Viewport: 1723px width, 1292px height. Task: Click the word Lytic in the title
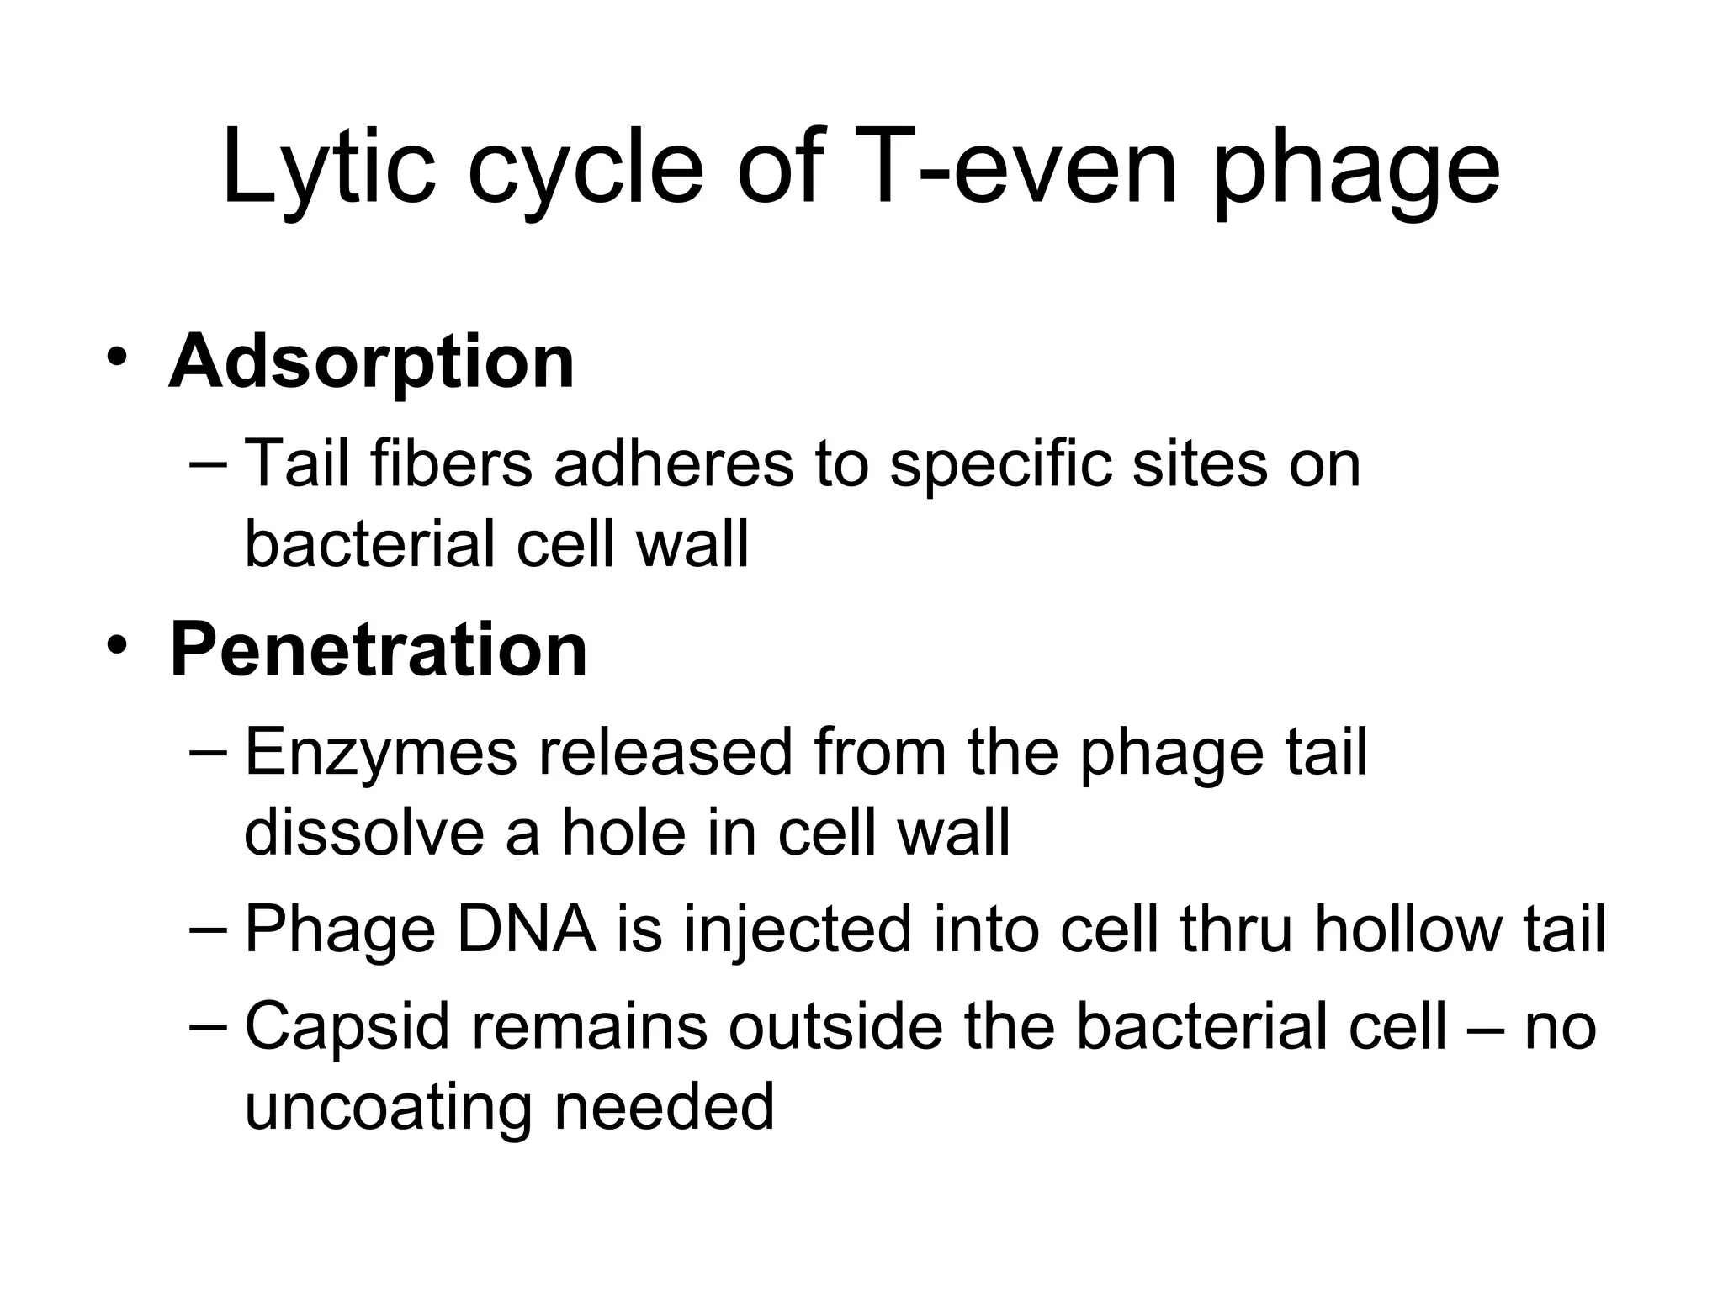329,168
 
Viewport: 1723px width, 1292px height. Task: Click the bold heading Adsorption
372,362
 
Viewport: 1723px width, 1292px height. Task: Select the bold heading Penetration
379,649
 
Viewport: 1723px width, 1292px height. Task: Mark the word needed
664,1107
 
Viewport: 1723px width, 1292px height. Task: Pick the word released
665,753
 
